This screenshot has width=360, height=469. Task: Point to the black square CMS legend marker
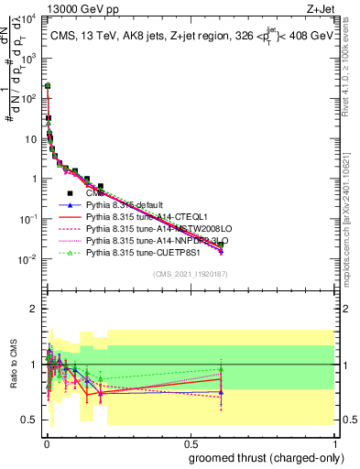click(70, 194)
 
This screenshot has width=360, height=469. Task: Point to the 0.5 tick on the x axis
click(190, 439)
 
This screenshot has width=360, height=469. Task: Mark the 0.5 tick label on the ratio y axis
click(30, 420)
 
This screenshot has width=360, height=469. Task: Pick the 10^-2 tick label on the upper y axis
click(28, 259)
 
